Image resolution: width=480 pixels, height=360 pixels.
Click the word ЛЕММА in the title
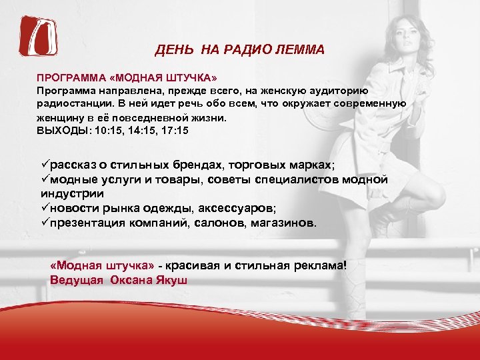tap(301, 50)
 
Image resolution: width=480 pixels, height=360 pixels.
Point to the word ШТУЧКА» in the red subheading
tap(163, 77)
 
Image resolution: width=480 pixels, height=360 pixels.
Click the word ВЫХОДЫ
tap(63, 131)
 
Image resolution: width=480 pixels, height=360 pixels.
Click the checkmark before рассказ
tap(45, 165)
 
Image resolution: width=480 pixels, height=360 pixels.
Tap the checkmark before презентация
tap(45, 221)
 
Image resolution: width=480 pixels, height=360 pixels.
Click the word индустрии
tap(72, 194)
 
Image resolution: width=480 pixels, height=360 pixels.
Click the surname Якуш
tap(171, 279)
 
